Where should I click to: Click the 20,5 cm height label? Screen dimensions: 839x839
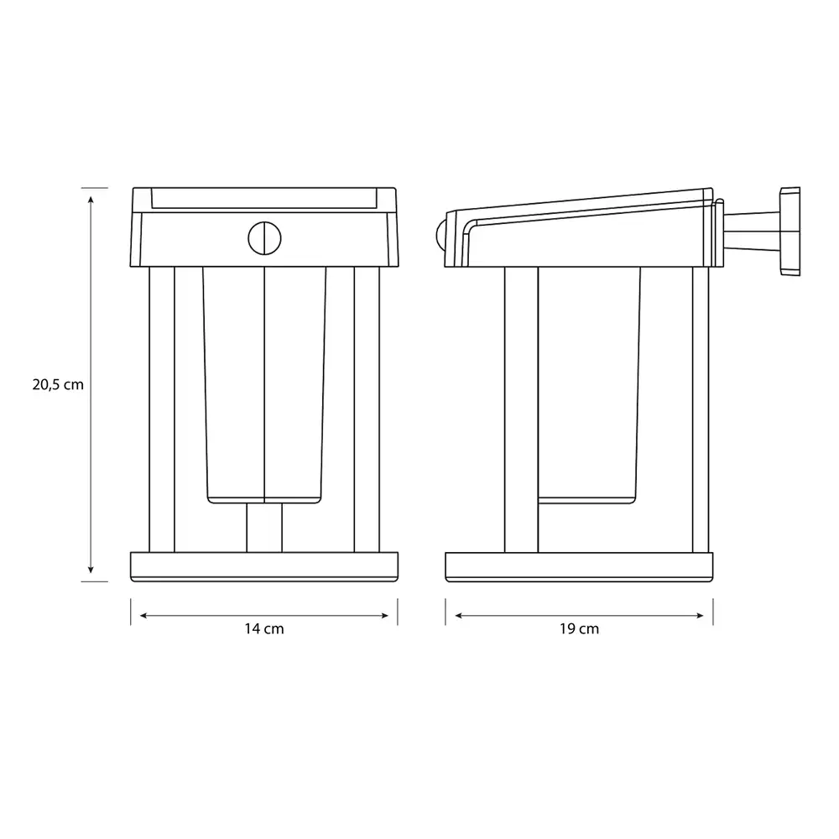point(58,385)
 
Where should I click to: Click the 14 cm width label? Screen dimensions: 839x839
point(264,628)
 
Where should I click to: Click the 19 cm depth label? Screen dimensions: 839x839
point(580,628)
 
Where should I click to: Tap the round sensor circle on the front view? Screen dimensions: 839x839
point(264,238)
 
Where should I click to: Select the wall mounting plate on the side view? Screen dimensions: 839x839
point(790,232)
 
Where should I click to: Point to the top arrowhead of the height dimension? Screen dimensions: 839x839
point(91,200)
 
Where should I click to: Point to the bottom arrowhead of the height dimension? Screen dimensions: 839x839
point(91,570)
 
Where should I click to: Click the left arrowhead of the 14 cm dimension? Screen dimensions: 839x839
point(143,616)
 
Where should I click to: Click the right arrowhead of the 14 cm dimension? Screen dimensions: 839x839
point(385,616)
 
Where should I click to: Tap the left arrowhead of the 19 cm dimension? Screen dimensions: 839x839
point(459,616)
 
